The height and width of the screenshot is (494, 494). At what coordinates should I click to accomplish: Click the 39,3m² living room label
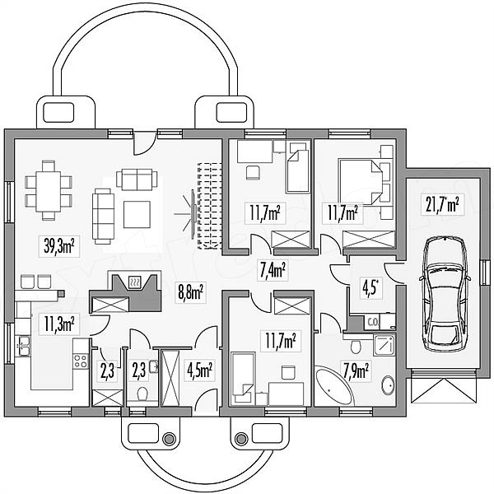(x=59, y=246)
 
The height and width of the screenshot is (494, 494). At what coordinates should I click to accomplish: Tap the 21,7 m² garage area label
(x=442, y=204)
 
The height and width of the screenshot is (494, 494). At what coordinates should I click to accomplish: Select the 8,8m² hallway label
(x=191, y=292)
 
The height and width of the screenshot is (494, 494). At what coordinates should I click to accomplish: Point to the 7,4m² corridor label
(x=273, y=271)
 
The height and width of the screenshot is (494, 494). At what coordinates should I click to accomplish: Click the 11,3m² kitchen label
(x=59, y=324)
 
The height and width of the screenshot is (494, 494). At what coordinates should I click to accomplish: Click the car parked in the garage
(x=445, y=294)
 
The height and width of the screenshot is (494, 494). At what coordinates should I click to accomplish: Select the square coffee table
(x=137, y=215)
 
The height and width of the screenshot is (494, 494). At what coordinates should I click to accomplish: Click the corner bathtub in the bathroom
(x=334, y=385)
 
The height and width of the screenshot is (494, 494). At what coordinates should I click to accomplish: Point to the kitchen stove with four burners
(x=81, y=361)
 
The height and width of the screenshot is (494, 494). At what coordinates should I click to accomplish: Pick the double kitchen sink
(x=24, y=346)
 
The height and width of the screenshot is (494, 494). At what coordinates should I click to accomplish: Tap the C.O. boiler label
(x=372, y=322)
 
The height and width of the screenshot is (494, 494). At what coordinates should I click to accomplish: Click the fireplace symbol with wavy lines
(x=135, y=282)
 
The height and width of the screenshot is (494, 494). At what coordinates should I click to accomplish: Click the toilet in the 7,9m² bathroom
(x=356, y=347)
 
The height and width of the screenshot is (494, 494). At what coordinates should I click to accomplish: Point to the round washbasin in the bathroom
(x=388, y=385)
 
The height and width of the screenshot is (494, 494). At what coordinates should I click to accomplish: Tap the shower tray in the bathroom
(x=384, y=345)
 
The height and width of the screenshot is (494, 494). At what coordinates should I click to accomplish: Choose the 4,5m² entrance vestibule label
(x=199, y=370)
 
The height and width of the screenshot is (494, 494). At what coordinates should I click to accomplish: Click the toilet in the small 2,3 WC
(x=142, y=394)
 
